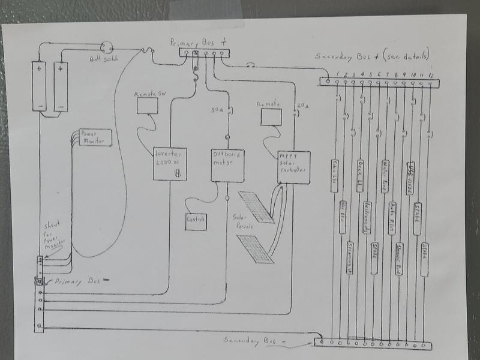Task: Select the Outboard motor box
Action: coord(227,164)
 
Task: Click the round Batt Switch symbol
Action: coord(107,47)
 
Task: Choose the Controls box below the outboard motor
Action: coord(196,221)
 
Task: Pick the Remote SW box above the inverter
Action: coord(148,104)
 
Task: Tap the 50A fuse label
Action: coord(218,110)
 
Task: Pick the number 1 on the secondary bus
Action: coord(338,74)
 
